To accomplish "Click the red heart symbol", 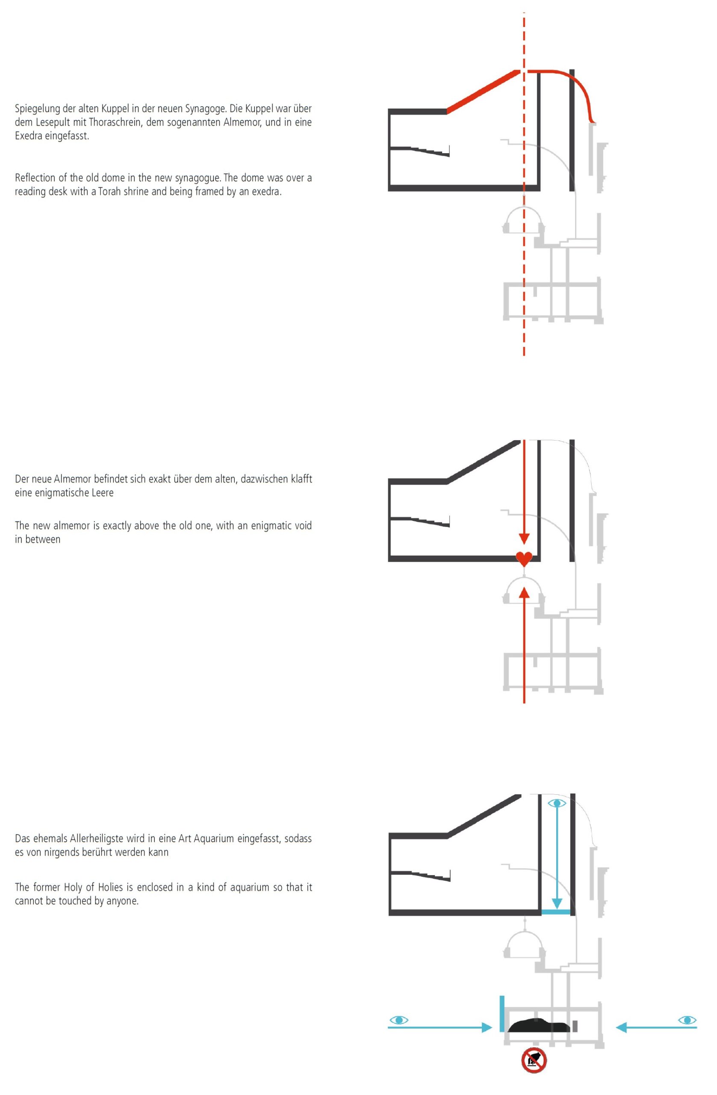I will pos(524,559).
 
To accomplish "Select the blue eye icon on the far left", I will pos(399,1020).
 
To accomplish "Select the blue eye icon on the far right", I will pos(687,1020).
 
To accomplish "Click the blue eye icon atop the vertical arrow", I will pos(557,803).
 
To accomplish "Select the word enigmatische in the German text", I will pos(64,493).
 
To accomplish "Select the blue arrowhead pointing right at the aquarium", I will pos(487,1027).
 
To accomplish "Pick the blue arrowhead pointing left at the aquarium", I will pos(621,1027).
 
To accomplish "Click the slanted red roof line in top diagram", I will pos(483,91).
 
